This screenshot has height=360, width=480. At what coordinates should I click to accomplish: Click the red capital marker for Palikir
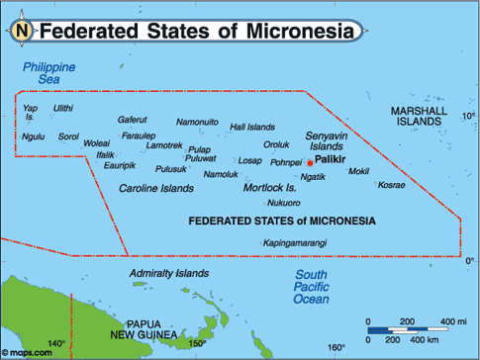[x=310, y=162]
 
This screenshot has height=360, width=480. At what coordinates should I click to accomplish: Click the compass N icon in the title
[x=22, y=32]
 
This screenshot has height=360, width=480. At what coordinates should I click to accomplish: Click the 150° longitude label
[x=197, y=343]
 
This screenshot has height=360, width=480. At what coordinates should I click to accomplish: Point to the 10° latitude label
[x=468, y=116]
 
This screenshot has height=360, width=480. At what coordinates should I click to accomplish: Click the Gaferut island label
[x=132, y=120]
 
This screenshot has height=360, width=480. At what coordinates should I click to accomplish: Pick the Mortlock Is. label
[x=269, y=187]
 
